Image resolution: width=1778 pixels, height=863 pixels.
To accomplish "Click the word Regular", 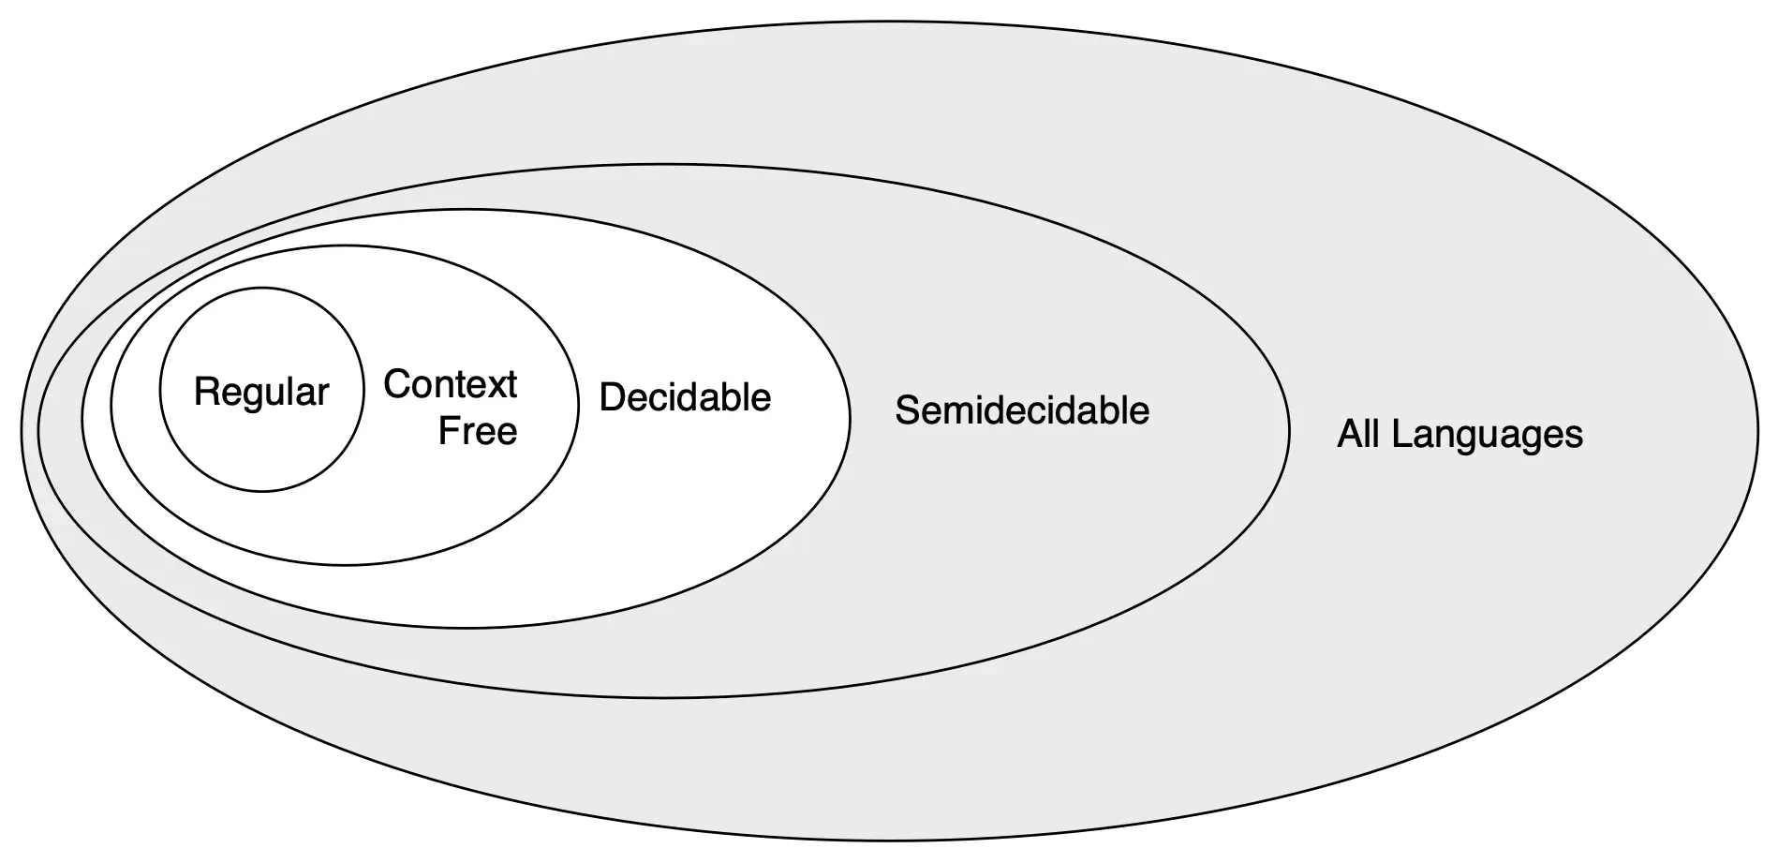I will [x=261, y=392].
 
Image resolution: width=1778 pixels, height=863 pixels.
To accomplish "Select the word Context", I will [x=450, y=384].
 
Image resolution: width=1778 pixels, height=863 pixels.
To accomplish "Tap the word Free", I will [x=478, y=431].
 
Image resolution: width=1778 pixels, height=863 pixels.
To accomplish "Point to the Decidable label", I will [x=685, y=397].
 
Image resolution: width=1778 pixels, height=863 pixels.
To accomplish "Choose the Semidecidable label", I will [x=1022, y=410].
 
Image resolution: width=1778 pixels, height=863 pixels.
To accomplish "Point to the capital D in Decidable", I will [x=611, y=397].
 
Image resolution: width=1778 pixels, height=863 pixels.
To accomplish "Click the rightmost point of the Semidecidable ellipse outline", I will [x=1289, y=430].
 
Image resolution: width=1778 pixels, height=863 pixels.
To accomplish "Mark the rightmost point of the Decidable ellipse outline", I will [x=851, y=418].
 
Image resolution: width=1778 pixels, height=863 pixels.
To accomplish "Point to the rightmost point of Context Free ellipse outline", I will [x=578, y=405].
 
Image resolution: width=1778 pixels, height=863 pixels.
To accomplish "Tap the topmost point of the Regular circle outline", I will [x=262, y=287].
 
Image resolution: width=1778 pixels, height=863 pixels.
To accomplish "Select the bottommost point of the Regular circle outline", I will [x=262, y=490].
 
